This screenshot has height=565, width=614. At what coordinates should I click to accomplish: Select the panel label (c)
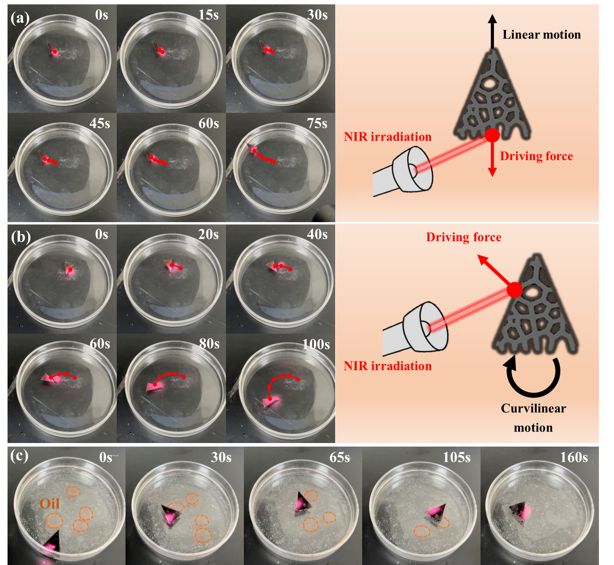pos(19,456)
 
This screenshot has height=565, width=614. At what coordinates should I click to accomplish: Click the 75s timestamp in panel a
pos(317,124)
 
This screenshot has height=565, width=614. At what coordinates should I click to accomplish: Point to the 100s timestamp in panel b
pos(316,344)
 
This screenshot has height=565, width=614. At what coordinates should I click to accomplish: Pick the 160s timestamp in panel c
pos(574,458)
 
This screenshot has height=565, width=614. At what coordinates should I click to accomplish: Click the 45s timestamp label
pos(100,124)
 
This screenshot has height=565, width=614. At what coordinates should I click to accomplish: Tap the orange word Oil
pos(50,504)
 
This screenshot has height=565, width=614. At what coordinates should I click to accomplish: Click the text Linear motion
pos(541,35)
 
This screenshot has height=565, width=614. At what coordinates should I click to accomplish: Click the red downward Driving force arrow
pos(492,159)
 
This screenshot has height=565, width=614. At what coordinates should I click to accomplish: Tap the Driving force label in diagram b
pos(463,237)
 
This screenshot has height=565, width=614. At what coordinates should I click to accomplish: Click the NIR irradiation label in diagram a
pos(388,137)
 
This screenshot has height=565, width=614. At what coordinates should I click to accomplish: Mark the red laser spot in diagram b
pos(514,290)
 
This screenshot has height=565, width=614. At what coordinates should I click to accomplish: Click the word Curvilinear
pos(533,408)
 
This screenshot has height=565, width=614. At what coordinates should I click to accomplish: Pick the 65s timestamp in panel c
pos(340,458)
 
